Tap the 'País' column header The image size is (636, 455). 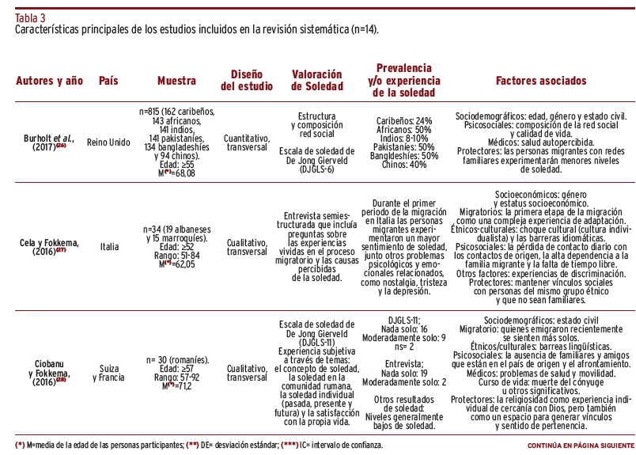(x=113, y=81)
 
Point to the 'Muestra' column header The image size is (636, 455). (x=176, y=81)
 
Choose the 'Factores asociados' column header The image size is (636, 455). (x=541, y=81)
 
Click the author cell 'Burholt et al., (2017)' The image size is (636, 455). (x=48, y=142)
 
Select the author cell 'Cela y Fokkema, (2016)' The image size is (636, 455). (x=47, y=246)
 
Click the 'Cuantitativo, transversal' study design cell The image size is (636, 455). (x=246, y=142)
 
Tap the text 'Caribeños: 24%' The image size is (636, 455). (x=404, y=120)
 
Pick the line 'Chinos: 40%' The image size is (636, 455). (x=404, y=165)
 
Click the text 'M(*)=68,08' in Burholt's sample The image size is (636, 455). (x=176, y=173)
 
